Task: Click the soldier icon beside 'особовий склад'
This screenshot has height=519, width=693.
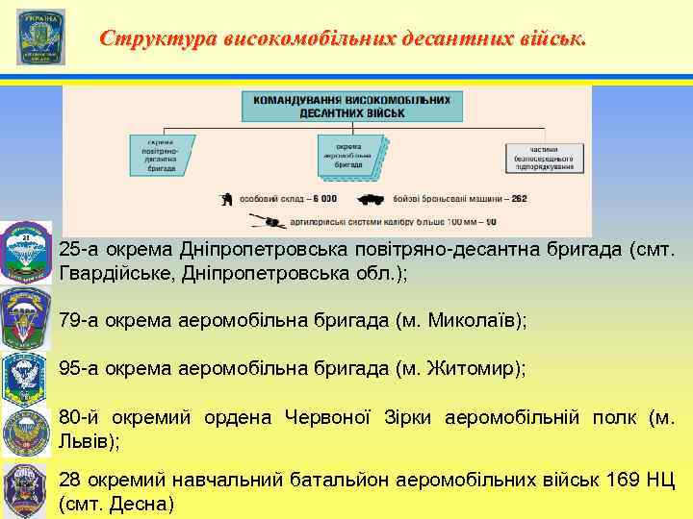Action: pos(224,199)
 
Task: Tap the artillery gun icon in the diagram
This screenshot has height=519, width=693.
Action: pos(270,221)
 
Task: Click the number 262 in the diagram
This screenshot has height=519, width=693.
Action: pos(519,199)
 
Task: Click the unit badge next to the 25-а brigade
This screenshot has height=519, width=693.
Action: pos(26,252)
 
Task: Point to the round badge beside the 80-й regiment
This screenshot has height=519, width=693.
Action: pos(26,430)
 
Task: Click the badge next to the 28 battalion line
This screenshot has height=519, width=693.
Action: pos(26,489)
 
